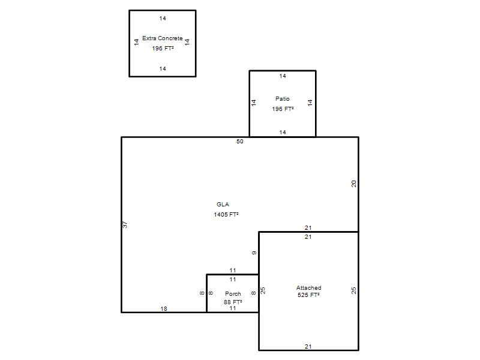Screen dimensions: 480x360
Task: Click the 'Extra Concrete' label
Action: point(163,38)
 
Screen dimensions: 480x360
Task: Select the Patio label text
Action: point(282,99)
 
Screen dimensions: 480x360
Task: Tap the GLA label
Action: point(223,205)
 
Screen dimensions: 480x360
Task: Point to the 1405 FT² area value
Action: point(226,215)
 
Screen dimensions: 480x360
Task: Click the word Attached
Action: point(308,288)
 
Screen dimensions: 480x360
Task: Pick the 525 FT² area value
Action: point(308,295)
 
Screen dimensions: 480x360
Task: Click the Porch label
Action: point(233,294)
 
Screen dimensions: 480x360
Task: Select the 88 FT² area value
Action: point(233,302)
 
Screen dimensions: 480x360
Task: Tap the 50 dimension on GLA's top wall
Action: point(239,142)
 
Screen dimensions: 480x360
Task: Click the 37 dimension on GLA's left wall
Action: point(125,224)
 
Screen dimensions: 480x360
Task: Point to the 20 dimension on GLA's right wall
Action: point(354,184)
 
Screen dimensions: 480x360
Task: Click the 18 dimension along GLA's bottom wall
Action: point(164,309)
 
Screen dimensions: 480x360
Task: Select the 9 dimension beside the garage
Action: point(254,253)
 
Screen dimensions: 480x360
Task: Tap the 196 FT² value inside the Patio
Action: point(283,109)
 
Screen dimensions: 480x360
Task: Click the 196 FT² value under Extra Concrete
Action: point(163,49)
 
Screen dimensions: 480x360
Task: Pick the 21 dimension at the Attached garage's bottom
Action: point(308,347)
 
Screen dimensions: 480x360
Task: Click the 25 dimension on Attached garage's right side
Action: point(354,290)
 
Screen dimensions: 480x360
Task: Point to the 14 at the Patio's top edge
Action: point(283,76)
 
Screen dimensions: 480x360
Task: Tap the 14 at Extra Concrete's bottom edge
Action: point(163,69)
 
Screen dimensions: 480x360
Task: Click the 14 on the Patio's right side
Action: point(310,103)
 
